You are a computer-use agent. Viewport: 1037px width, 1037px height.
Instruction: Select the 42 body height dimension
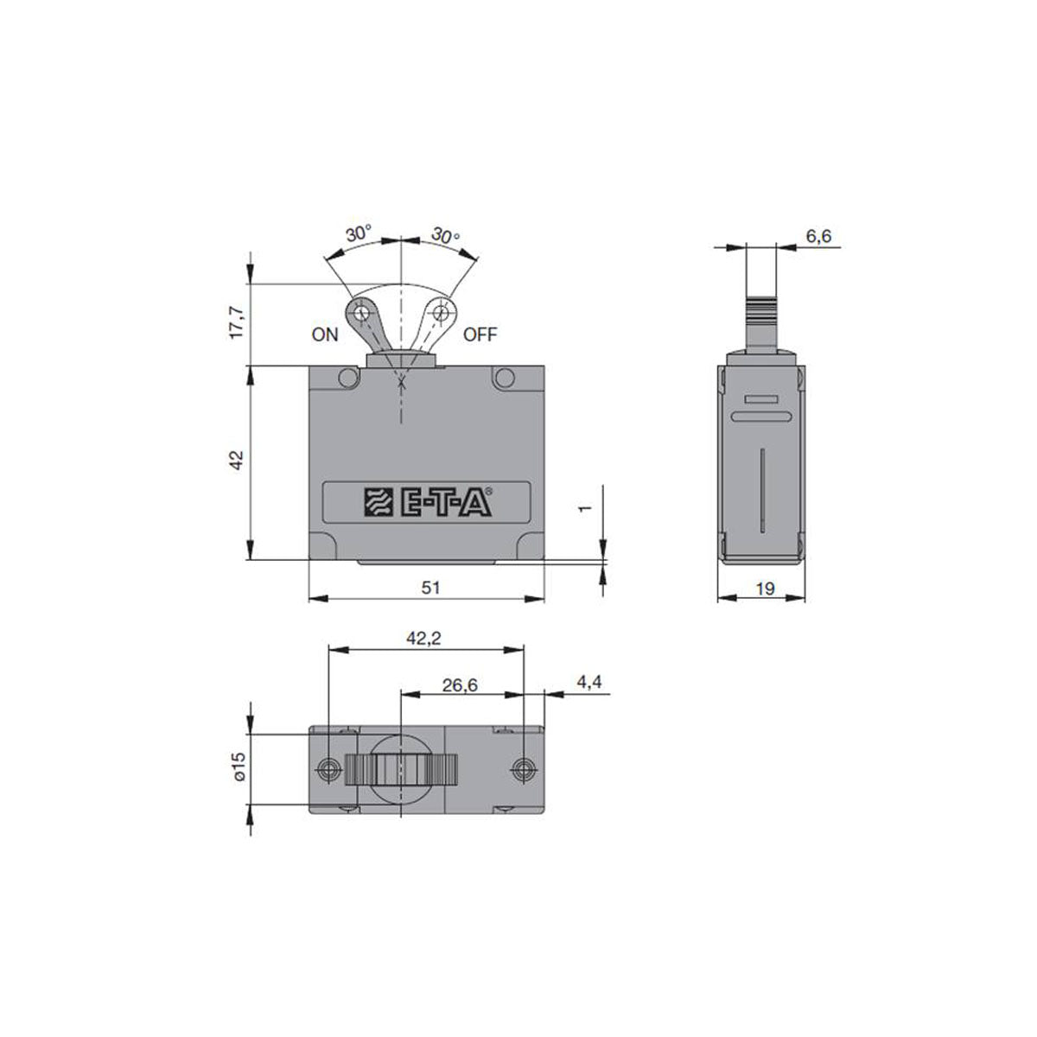[240, 460]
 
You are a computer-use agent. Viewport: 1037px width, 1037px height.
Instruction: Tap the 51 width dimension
[430, 588]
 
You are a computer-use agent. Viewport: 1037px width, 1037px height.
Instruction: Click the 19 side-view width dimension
[765, 589]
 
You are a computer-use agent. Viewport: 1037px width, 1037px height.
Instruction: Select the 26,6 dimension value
[460, 684]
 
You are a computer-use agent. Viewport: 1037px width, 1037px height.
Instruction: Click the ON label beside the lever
[326, 335]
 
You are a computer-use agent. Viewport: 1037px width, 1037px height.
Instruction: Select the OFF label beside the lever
[480, 334]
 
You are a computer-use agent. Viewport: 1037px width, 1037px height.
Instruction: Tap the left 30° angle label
[359, 233]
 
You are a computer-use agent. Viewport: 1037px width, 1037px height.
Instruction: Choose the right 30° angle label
[445, 235]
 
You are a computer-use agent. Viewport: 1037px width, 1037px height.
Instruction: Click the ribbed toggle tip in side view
[761, 309]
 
